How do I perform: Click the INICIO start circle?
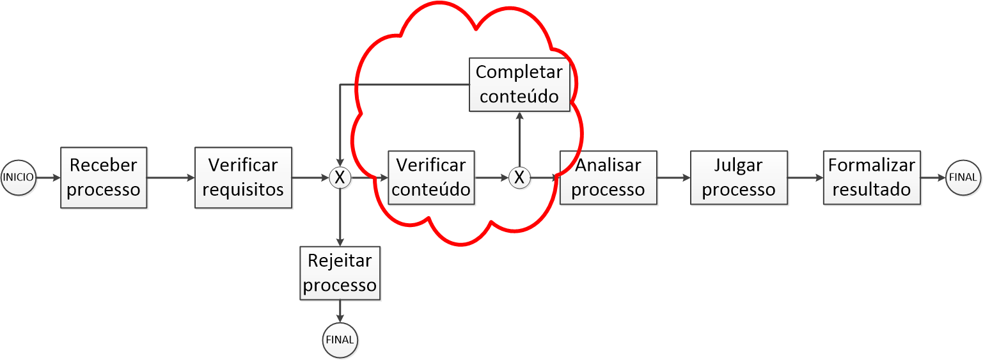(x=19, y=177)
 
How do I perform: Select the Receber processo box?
(x=104, y=177)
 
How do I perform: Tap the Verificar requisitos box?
(x=243, y=177)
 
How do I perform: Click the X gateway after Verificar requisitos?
(x=340, y=177)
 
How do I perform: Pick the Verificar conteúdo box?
(x=431, y=177)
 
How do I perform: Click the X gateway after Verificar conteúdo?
(x=519, y=177)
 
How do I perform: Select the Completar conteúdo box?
(x=519, y=84)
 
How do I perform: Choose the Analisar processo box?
(x=608, y=177)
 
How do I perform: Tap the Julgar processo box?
(x=739, y=177)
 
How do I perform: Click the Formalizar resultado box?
(x=872, y=177)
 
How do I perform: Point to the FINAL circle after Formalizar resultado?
(x=963, y=177)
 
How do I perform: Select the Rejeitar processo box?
(x=340, y=273)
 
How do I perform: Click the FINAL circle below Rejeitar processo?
(x=340, y=340)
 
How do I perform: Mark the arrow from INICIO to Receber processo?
(x=48, y=177)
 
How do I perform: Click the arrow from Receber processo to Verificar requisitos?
(x=171, y=177)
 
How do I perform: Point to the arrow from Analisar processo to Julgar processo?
(x=673, y=177)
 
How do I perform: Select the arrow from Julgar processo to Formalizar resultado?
(x=805, y=177)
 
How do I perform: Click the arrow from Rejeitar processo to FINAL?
(x=340, y=311)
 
